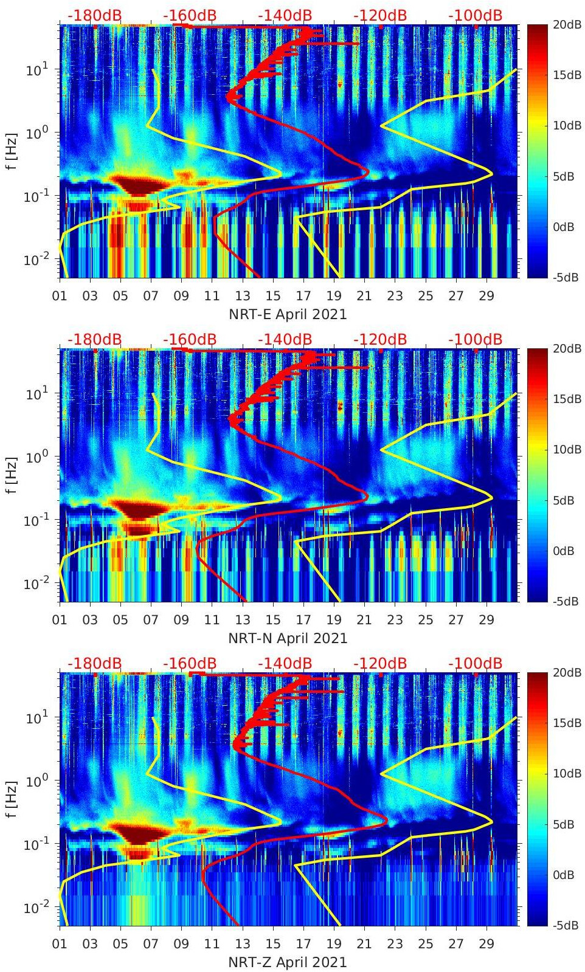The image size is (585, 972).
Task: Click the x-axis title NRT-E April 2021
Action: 288,314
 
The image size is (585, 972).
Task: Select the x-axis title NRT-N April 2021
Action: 288,638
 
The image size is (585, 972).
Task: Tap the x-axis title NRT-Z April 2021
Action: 288,962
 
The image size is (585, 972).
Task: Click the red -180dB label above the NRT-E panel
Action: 94,15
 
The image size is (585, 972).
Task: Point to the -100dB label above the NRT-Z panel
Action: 475,663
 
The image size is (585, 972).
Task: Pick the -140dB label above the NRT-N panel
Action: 285,339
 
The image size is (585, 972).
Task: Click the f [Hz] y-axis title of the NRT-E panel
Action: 12,151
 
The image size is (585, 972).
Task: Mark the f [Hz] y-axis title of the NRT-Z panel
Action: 12,799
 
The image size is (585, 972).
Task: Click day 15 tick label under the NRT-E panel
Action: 273,296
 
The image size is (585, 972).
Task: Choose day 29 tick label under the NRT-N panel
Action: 486,620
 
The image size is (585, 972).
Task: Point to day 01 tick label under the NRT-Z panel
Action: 60,944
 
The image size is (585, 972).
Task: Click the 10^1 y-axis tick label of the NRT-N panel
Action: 35,394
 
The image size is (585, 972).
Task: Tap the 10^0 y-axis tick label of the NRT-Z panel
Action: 35,781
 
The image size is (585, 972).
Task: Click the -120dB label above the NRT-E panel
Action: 379,15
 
